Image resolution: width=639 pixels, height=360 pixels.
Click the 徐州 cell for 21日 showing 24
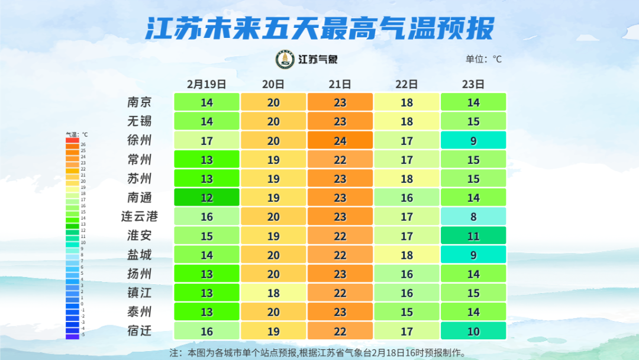[340, 140]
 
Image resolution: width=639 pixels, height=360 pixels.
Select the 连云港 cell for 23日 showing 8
[473, 217]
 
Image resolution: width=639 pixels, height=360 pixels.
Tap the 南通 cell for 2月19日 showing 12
[206, 197]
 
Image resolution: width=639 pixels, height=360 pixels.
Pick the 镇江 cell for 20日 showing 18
[273, 292]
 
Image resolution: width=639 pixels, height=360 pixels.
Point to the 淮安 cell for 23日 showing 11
[473, 236]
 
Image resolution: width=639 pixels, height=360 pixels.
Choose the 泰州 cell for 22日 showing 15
[406, 311]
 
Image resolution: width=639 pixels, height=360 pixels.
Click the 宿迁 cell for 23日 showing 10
[473, 331]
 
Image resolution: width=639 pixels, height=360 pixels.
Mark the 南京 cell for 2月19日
[206, 102]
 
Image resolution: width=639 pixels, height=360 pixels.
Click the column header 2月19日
[206, 84]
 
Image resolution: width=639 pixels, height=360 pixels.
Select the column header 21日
[340, 84]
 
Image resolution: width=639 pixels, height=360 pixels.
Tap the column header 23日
[473, 84]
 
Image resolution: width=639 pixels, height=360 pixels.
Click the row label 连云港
[140, 217]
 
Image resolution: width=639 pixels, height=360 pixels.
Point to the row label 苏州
[140, 178]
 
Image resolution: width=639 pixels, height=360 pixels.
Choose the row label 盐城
[140, 255]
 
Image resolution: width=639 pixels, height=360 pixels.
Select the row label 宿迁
[140, 331]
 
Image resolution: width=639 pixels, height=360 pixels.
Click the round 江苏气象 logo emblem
[286, 59]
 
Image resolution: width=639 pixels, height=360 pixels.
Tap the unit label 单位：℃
[483, 59]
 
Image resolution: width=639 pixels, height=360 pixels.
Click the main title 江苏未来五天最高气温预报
[319, 27]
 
